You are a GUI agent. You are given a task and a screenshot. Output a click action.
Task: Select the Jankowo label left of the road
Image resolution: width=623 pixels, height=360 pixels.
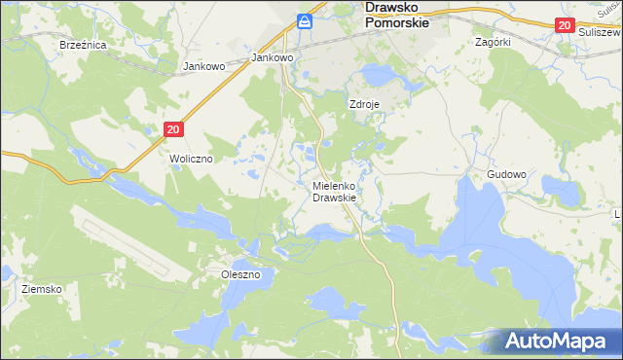(204, 67)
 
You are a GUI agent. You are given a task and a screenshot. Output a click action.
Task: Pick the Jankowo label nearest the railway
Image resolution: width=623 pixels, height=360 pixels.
(273, 57)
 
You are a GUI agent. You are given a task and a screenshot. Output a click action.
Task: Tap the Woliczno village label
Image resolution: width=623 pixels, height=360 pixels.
(191, 158)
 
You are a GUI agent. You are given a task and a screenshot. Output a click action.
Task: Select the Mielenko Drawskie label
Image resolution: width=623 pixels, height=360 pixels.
(334, 192)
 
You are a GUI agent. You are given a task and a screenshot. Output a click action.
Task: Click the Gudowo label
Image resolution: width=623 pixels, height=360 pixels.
(506, 175)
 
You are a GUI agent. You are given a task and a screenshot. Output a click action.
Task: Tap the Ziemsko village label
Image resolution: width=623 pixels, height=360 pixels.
(42, 290)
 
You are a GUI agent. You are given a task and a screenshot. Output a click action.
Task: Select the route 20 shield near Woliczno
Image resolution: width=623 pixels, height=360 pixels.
(173, 128)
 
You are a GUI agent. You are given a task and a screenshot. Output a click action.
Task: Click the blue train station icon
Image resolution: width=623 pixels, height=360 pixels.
(306, 20)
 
